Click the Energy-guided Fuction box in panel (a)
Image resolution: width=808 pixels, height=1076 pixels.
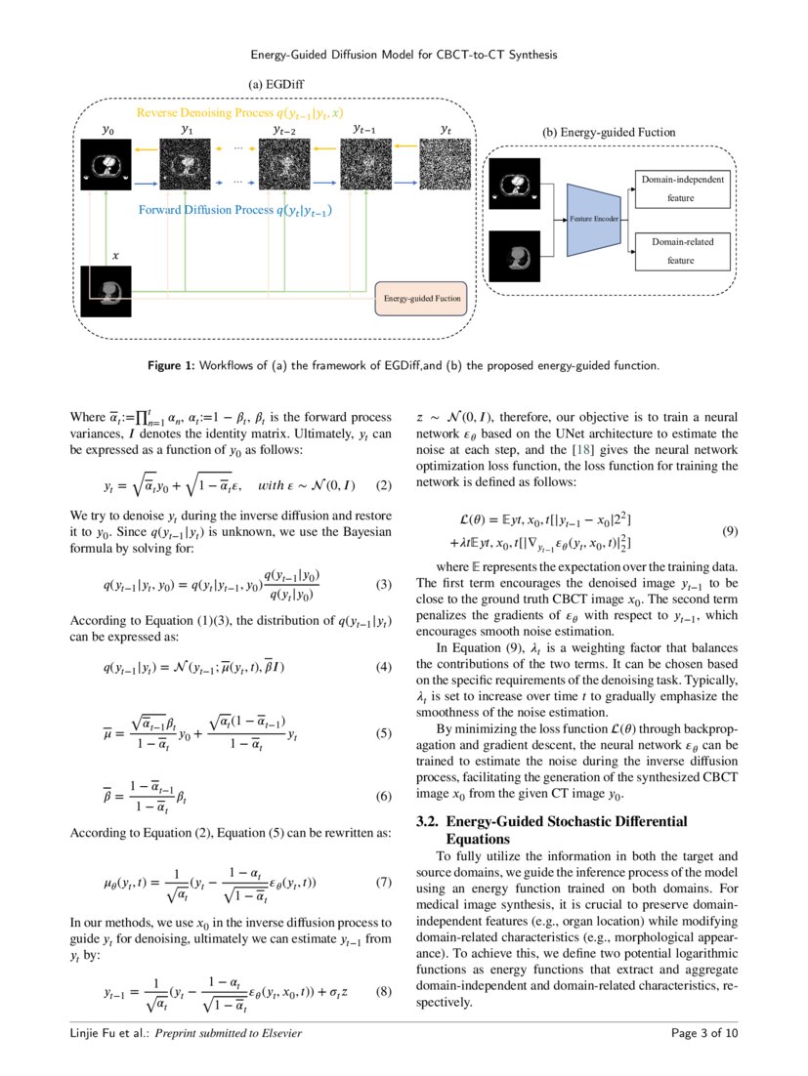pos(422,299)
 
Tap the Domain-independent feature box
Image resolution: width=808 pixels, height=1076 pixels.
pos(681,188)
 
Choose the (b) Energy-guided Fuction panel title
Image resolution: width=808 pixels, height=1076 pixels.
pos(608,132)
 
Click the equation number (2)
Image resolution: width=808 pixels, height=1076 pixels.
pos(383,485)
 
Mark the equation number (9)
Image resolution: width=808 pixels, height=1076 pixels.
pos(729,531)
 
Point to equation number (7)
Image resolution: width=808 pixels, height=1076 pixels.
pos(383,883)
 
